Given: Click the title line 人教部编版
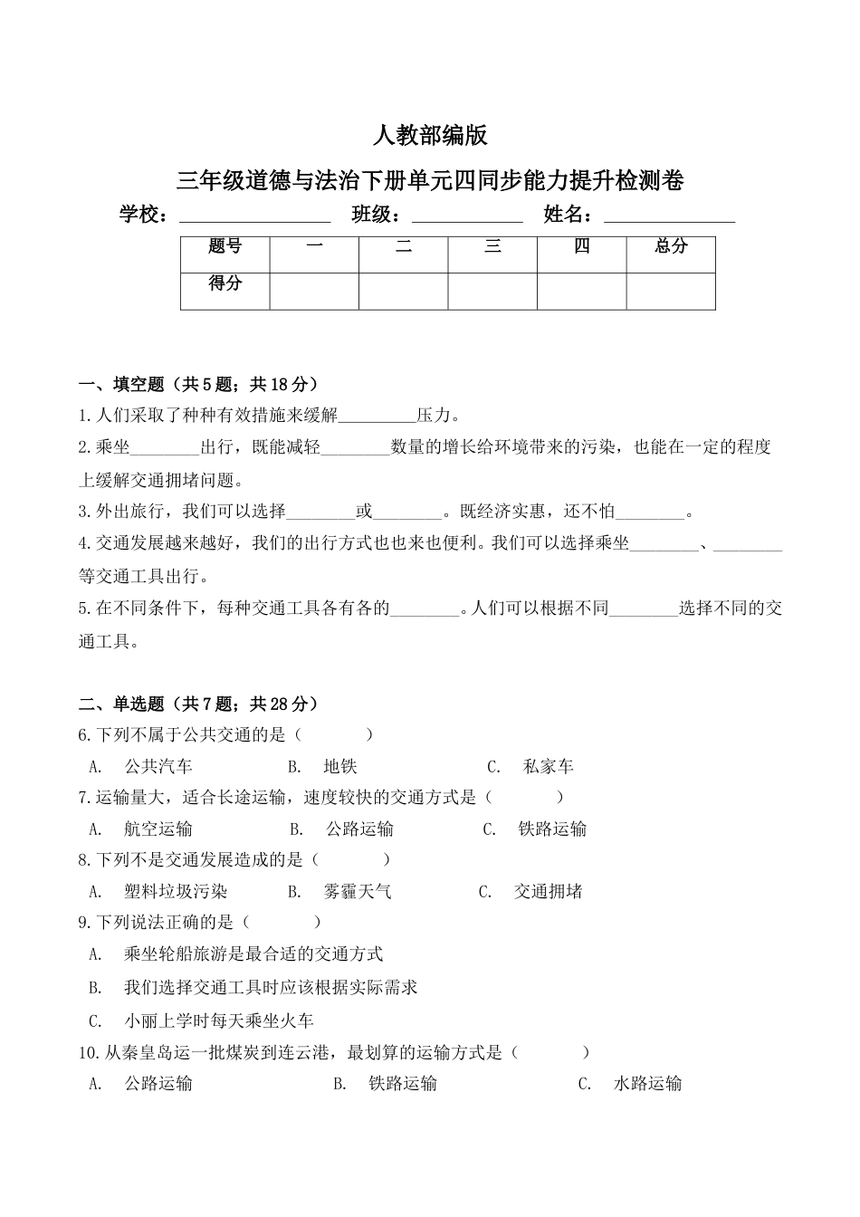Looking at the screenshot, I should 430,136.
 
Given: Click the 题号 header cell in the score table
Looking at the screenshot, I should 225,247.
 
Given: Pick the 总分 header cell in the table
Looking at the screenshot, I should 671,246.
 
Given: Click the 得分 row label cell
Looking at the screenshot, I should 225,283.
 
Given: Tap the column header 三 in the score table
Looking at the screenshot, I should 492,246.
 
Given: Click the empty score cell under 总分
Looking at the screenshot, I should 671,291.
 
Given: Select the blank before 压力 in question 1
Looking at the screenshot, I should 377,417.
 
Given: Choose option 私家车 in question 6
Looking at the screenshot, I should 549,767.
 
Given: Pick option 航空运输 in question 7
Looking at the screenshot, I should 158,829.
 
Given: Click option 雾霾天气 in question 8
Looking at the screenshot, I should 358,892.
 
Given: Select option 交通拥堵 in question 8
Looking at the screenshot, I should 548,892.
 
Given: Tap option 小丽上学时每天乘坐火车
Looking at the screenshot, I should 218,1021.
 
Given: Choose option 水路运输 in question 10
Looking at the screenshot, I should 647,1083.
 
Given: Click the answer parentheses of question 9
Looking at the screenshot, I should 282,923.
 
